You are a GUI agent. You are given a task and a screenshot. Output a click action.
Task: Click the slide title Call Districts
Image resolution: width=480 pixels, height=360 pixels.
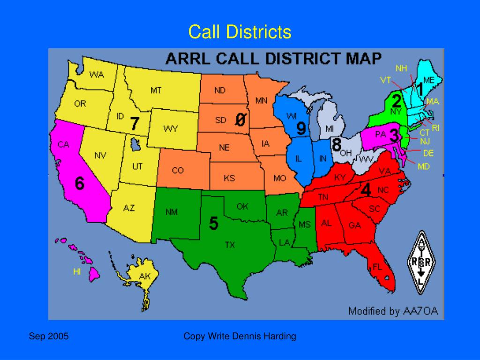240,32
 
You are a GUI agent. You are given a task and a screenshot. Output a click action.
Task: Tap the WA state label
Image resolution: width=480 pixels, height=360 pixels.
97,75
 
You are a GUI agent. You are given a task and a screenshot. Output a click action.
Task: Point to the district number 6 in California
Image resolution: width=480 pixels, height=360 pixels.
80,184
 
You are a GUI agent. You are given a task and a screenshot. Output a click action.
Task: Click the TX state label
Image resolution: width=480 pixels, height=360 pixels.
230,245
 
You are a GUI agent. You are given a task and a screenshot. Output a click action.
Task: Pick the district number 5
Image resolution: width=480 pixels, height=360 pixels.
213,224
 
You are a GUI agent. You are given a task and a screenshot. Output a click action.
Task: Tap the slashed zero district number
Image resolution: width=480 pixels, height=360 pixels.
240,120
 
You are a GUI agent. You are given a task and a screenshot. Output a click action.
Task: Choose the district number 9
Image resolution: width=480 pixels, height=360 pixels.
301,127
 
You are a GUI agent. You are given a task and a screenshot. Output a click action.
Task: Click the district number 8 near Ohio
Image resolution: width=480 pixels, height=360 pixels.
336,145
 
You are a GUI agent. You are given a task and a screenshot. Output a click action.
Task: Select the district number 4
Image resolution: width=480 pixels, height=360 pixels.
366,190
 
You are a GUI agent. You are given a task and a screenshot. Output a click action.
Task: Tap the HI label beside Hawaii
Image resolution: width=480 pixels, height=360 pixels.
77,271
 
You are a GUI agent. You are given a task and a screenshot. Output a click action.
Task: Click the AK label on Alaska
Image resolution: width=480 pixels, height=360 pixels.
145,277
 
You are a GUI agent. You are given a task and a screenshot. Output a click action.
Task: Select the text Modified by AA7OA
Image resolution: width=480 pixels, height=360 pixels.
393,311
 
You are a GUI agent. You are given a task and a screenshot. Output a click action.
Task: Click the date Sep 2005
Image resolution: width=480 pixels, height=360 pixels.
49,336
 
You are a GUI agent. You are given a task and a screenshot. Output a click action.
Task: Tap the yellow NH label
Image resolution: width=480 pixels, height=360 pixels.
401,68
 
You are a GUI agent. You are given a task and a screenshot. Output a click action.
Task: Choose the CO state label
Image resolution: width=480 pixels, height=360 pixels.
178,171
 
